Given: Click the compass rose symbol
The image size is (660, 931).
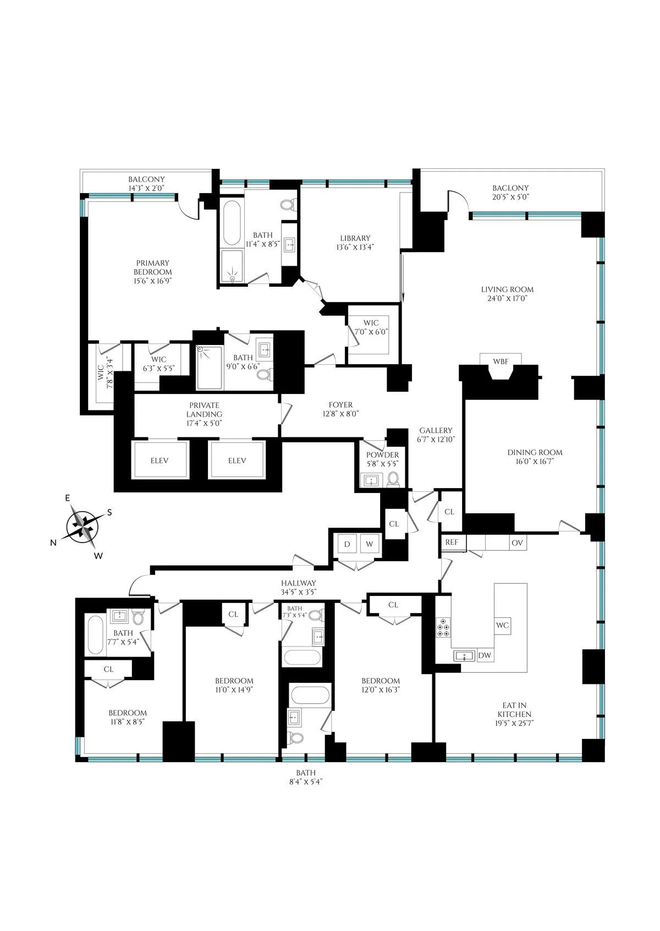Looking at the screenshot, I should (84, 526).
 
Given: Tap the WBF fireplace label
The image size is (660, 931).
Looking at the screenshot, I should (500, 362).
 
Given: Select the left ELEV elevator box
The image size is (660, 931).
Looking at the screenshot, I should (159, 461).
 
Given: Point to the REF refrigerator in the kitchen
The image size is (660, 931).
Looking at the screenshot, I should (452, 543).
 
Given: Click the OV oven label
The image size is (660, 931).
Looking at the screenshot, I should (516, 543).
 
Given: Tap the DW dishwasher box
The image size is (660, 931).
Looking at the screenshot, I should (485, 655).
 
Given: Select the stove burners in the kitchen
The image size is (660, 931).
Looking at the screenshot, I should (443, 628).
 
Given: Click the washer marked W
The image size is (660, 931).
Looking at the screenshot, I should (370, 544).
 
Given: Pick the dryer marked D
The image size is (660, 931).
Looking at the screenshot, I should (347, 544).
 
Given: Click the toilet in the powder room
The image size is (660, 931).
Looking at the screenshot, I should (393, 480).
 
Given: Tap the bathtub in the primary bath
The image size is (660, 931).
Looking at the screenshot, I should (232, 224).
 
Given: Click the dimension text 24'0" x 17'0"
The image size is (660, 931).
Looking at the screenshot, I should (507, 299).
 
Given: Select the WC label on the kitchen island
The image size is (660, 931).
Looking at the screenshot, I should (502, 625).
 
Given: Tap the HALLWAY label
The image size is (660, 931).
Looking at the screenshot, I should (299, 583).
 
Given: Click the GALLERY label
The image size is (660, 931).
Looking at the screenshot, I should (436, 430).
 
